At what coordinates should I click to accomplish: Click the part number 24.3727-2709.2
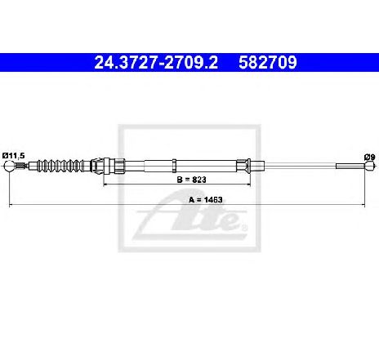coord(156,63)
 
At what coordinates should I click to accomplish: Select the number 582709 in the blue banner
coord(267,63)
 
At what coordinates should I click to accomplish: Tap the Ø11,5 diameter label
coord(14,156)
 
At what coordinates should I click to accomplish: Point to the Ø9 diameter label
coord(370,157)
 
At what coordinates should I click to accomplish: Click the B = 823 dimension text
coord(191,180)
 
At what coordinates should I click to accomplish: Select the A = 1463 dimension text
coord(206,200)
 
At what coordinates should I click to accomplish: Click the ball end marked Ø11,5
coord(9,166)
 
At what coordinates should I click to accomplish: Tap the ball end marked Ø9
coord(369,166)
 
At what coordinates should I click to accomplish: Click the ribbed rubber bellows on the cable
coord(60,166)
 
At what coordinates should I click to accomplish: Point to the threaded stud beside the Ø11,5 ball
coord(20,166)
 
